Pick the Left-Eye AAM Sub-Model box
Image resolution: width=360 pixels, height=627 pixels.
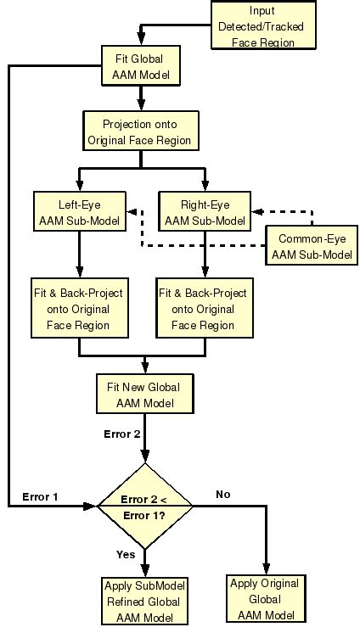coord(78,212)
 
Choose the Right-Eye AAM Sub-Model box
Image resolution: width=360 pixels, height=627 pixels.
coord(205,212)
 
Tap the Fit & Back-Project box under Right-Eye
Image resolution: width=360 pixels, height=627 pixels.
coord(204,309)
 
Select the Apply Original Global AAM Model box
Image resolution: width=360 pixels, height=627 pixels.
coord(266,599)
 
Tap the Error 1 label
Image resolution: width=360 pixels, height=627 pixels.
coord(39,496)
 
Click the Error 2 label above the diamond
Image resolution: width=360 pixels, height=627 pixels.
coord(121,434)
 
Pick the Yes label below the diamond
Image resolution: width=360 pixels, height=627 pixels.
coord(126,554)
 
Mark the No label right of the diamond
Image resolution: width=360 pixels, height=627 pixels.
coord(223,493)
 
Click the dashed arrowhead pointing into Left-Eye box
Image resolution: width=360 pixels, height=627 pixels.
coord(131,211)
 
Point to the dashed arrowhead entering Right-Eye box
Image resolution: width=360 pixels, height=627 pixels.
coord(257,211)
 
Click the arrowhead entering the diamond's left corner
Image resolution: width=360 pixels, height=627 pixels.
coord(93,506)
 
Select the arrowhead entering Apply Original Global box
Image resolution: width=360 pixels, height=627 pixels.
coord(266,568)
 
